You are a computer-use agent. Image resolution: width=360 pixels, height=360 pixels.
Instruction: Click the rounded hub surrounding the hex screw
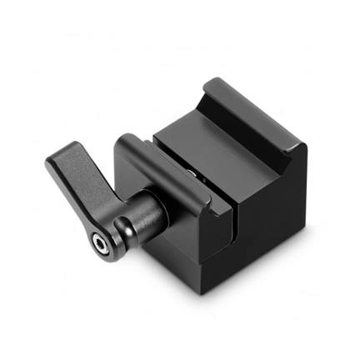pos(108,237)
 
